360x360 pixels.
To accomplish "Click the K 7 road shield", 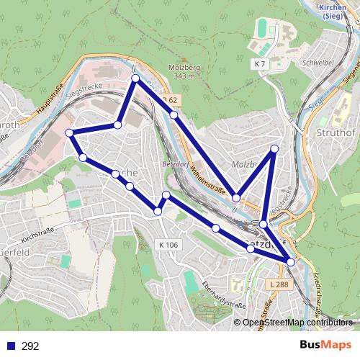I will [259, 65].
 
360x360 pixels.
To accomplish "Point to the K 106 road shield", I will [167, 246].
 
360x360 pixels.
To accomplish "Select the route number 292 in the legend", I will [30, 346].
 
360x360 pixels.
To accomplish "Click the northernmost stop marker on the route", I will [135, 77].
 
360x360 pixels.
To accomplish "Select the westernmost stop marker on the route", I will [69, 132].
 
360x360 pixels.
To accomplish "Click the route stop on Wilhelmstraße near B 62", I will [174, 114].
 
